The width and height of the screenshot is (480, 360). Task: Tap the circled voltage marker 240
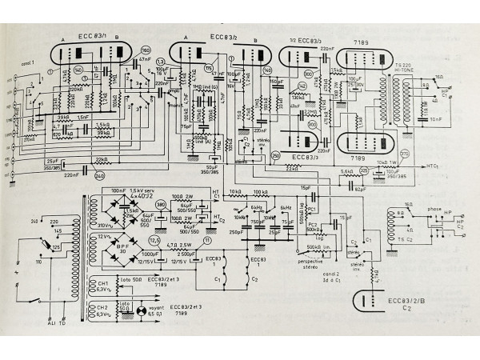pyautogui.click(x=100, y=175)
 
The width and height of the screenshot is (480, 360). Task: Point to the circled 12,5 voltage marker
pyautogui.click(x=154, y=240)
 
